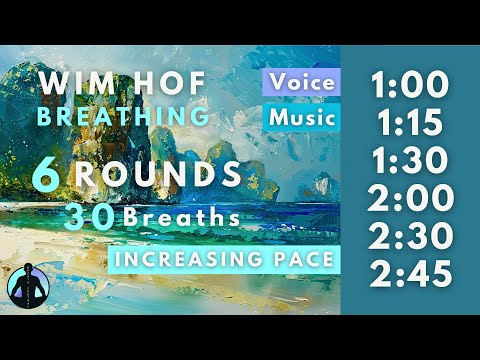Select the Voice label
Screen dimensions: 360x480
302,82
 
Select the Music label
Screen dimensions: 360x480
302,117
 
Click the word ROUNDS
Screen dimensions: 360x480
158,175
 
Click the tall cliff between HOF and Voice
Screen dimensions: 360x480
226,100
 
